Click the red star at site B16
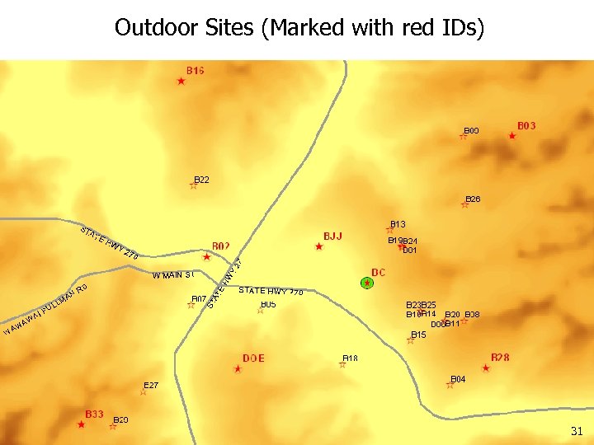click(181, 81)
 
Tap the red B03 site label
click(526, 126)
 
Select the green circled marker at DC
click(368, 283)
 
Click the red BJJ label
click(332, 237)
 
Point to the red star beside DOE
click(238, 369)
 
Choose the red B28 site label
click(500, 358)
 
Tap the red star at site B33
click(81, 424)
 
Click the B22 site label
click(202, 179)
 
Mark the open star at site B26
click(464, 204)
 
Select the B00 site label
click(471, 130)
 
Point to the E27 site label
click(151, 385)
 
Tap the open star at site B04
click(450, 385)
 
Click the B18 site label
click(350, 358)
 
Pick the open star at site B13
click(390, 230)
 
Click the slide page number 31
click(576, 431)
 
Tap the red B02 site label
click(220, 246)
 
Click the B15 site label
click(418, 335)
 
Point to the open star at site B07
click(191, 305)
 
